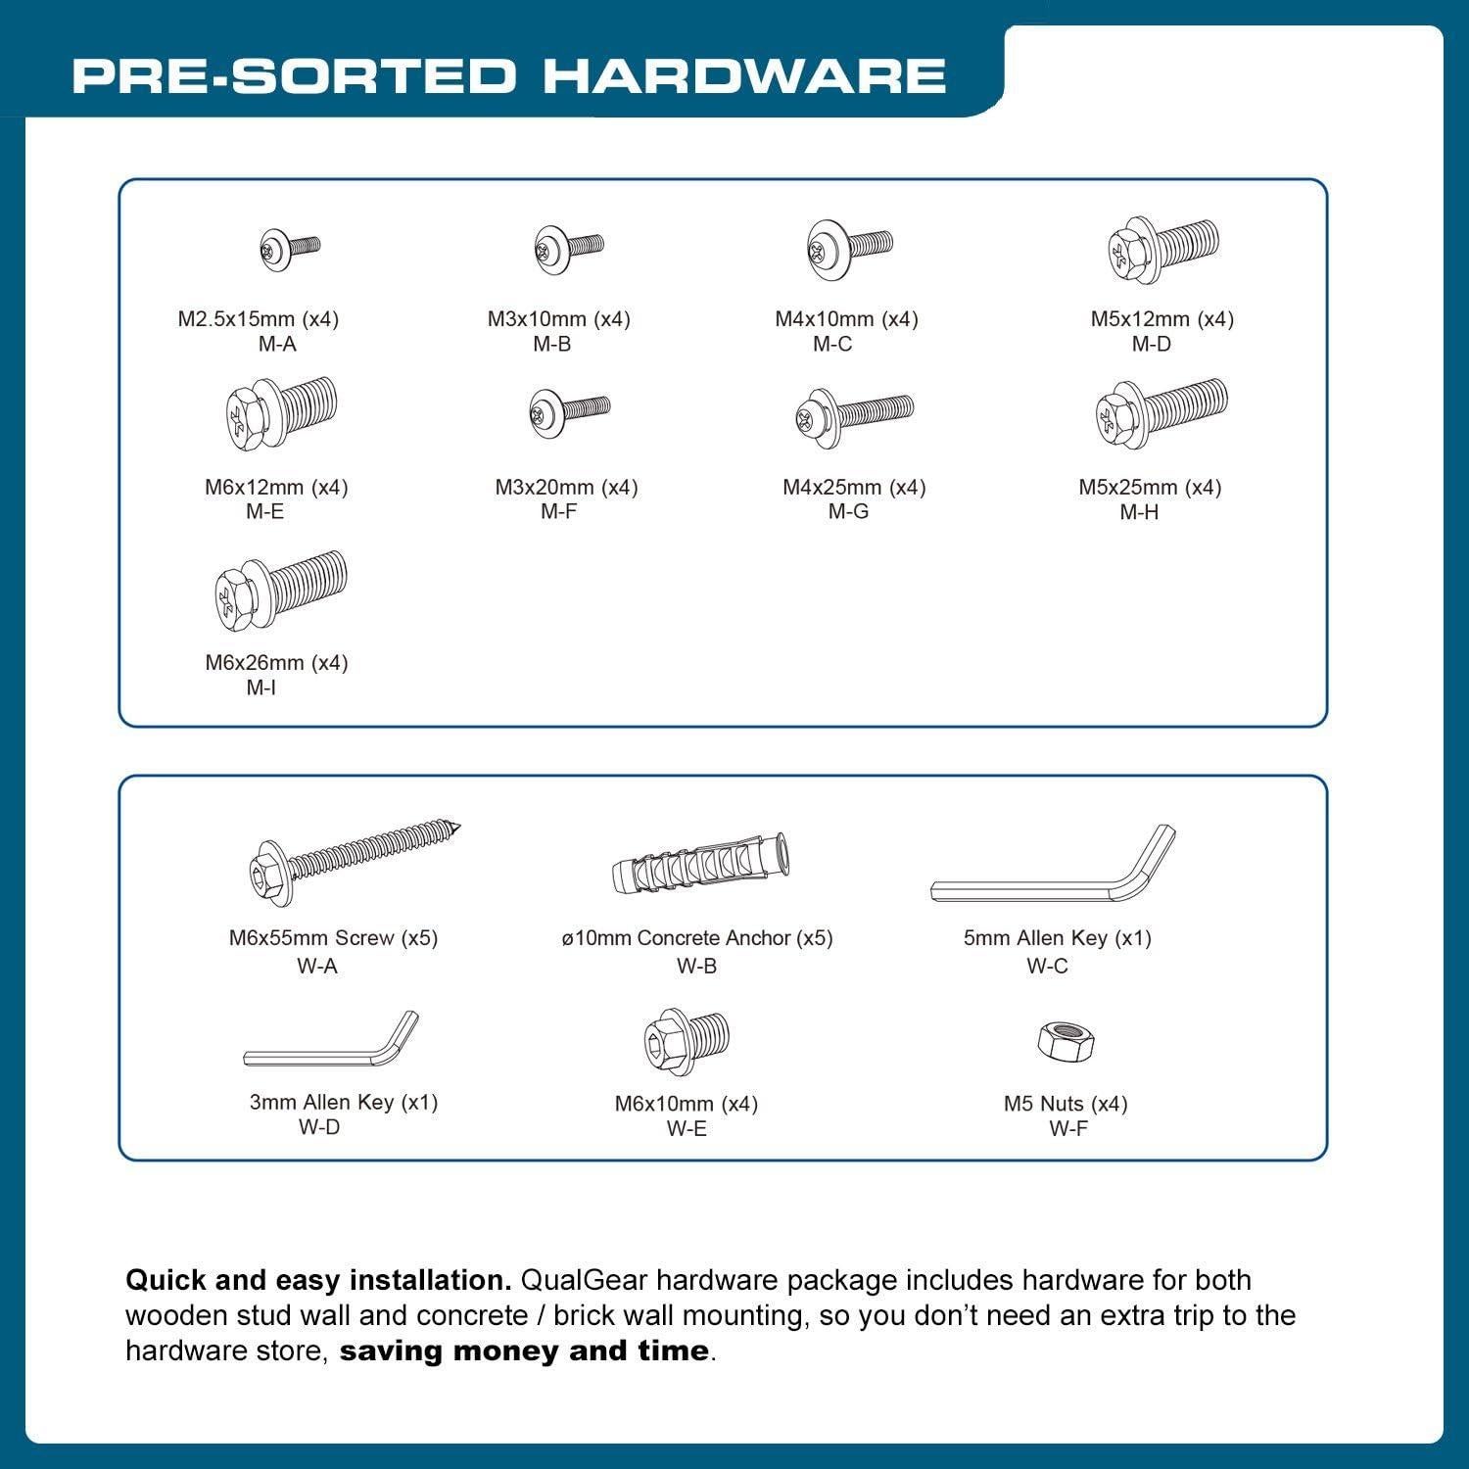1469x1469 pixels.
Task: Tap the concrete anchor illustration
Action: click(700, 863)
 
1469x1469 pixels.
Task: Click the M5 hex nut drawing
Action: click(1066, 1041)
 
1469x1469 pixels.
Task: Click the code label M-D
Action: click(1151, 344)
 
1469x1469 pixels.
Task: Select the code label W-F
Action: click(1067, 1128)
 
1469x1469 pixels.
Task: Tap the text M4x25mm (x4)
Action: click(854, 487)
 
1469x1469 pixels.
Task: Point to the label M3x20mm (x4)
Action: click(566, 487)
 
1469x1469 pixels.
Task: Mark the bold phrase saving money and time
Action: click(524, 1351)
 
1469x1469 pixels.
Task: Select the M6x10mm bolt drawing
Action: click(687, 1039)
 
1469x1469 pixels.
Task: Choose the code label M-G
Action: click(848, 511)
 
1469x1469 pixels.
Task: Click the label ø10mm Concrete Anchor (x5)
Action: click(696, 937)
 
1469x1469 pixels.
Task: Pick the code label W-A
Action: click(317, 966)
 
